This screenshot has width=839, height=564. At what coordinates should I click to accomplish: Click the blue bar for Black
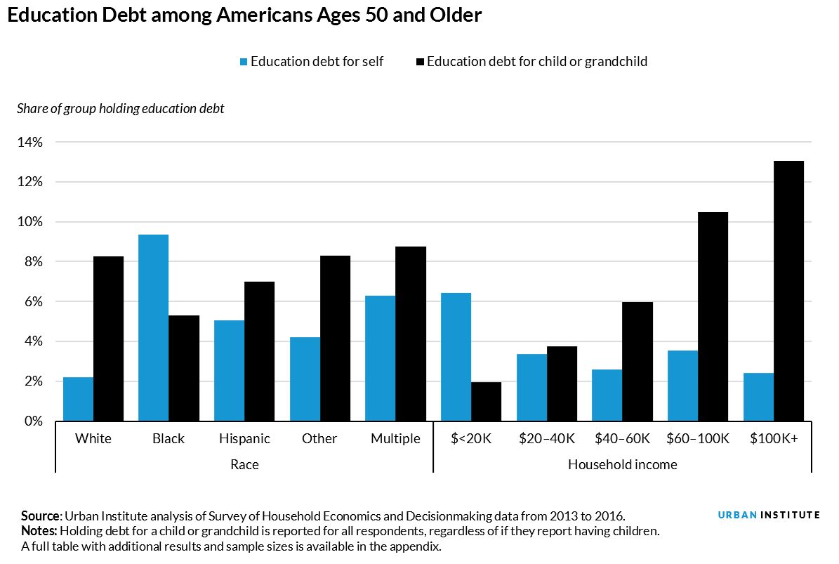coord(153,328)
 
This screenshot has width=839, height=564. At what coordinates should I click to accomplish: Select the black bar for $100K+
coord(788,291)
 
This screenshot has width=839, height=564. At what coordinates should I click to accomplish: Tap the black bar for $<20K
coord(486,402)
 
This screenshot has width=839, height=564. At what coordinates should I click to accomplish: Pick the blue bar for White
coord(78,399)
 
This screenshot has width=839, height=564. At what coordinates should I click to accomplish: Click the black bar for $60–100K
coord(713,317)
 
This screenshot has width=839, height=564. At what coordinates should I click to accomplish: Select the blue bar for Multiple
coord(380,358)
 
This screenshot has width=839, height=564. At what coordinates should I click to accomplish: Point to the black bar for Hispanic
coord(259,351)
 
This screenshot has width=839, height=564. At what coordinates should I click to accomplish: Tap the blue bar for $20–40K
coord(531,388)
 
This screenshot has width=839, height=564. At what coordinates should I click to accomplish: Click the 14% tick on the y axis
coord(29,143)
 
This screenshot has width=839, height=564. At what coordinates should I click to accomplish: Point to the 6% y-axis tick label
coord(32,302)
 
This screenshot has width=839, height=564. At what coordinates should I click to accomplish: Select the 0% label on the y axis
coord(32,421)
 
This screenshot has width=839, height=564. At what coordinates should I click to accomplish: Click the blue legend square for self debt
coord(244,62)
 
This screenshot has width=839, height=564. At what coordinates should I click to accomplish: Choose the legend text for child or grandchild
coord(536,62)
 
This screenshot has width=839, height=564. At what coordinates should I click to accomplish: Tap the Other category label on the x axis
coord(319,439)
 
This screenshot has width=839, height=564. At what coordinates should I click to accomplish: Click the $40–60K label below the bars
coord(621,439)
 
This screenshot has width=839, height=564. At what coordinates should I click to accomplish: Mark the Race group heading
coord(244,464)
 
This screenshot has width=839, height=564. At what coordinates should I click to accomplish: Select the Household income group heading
coord(622,464)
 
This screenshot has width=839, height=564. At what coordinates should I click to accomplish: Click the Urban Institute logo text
coord(769,515)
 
